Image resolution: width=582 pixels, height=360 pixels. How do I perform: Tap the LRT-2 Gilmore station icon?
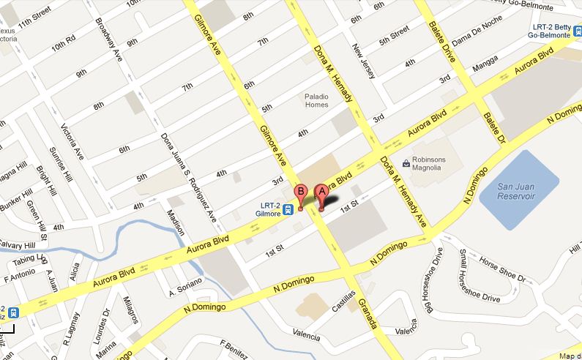289,208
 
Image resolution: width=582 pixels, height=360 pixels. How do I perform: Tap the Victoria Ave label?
71,145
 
